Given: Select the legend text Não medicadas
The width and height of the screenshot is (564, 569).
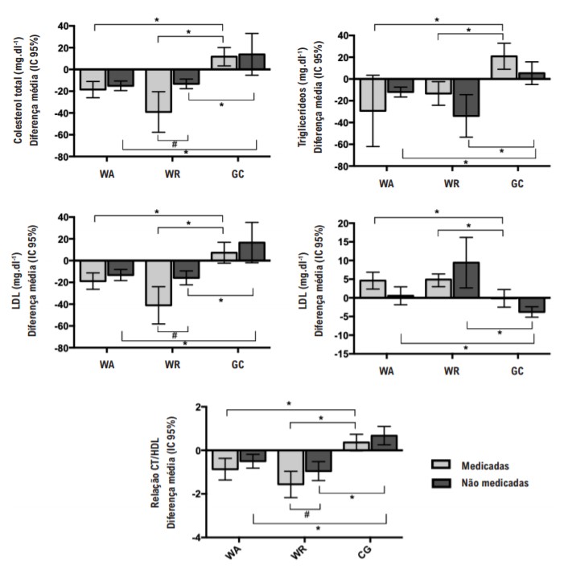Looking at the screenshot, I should pyautogui.click(x=495, y=483).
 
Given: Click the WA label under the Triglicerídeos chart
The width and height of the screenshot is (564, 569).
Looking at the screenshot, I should pyautogui.click(x=388, y=182).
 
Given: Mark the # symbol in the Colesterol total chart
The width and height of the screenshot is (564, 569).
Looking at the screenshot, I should pyautogui.click(x=174, y=144).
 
